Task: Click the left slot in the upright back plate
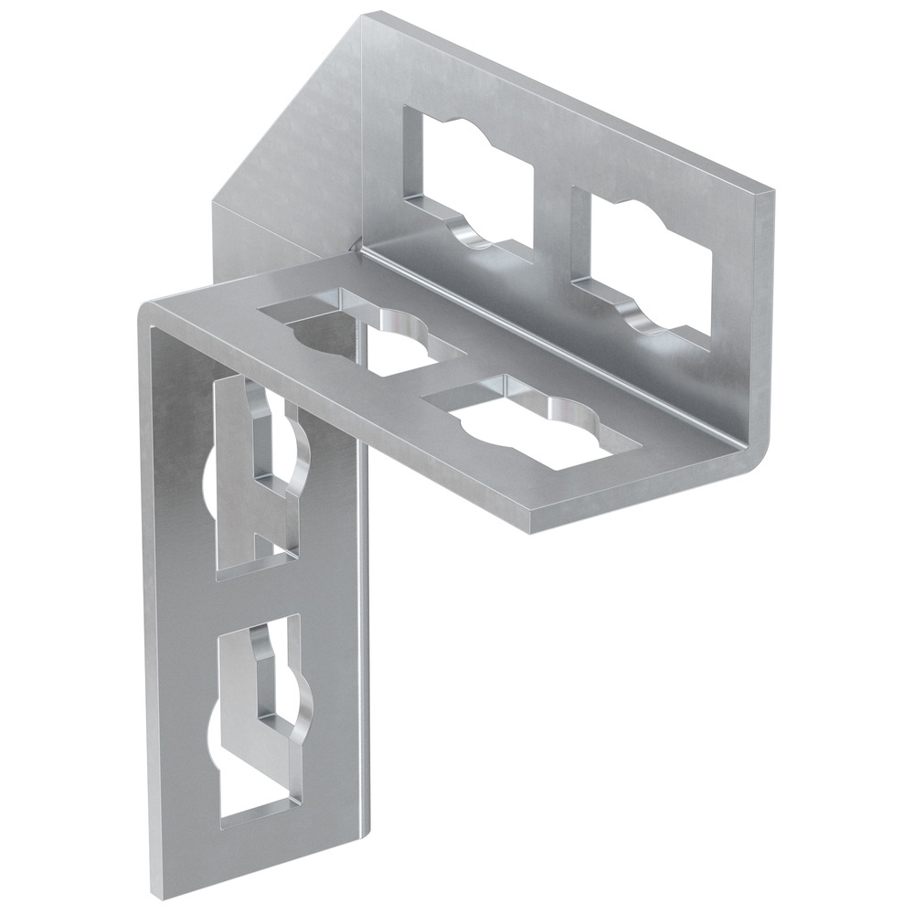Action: (x=466, y=178)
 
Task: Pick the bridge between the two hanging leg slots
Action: (x=260, y=594)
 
